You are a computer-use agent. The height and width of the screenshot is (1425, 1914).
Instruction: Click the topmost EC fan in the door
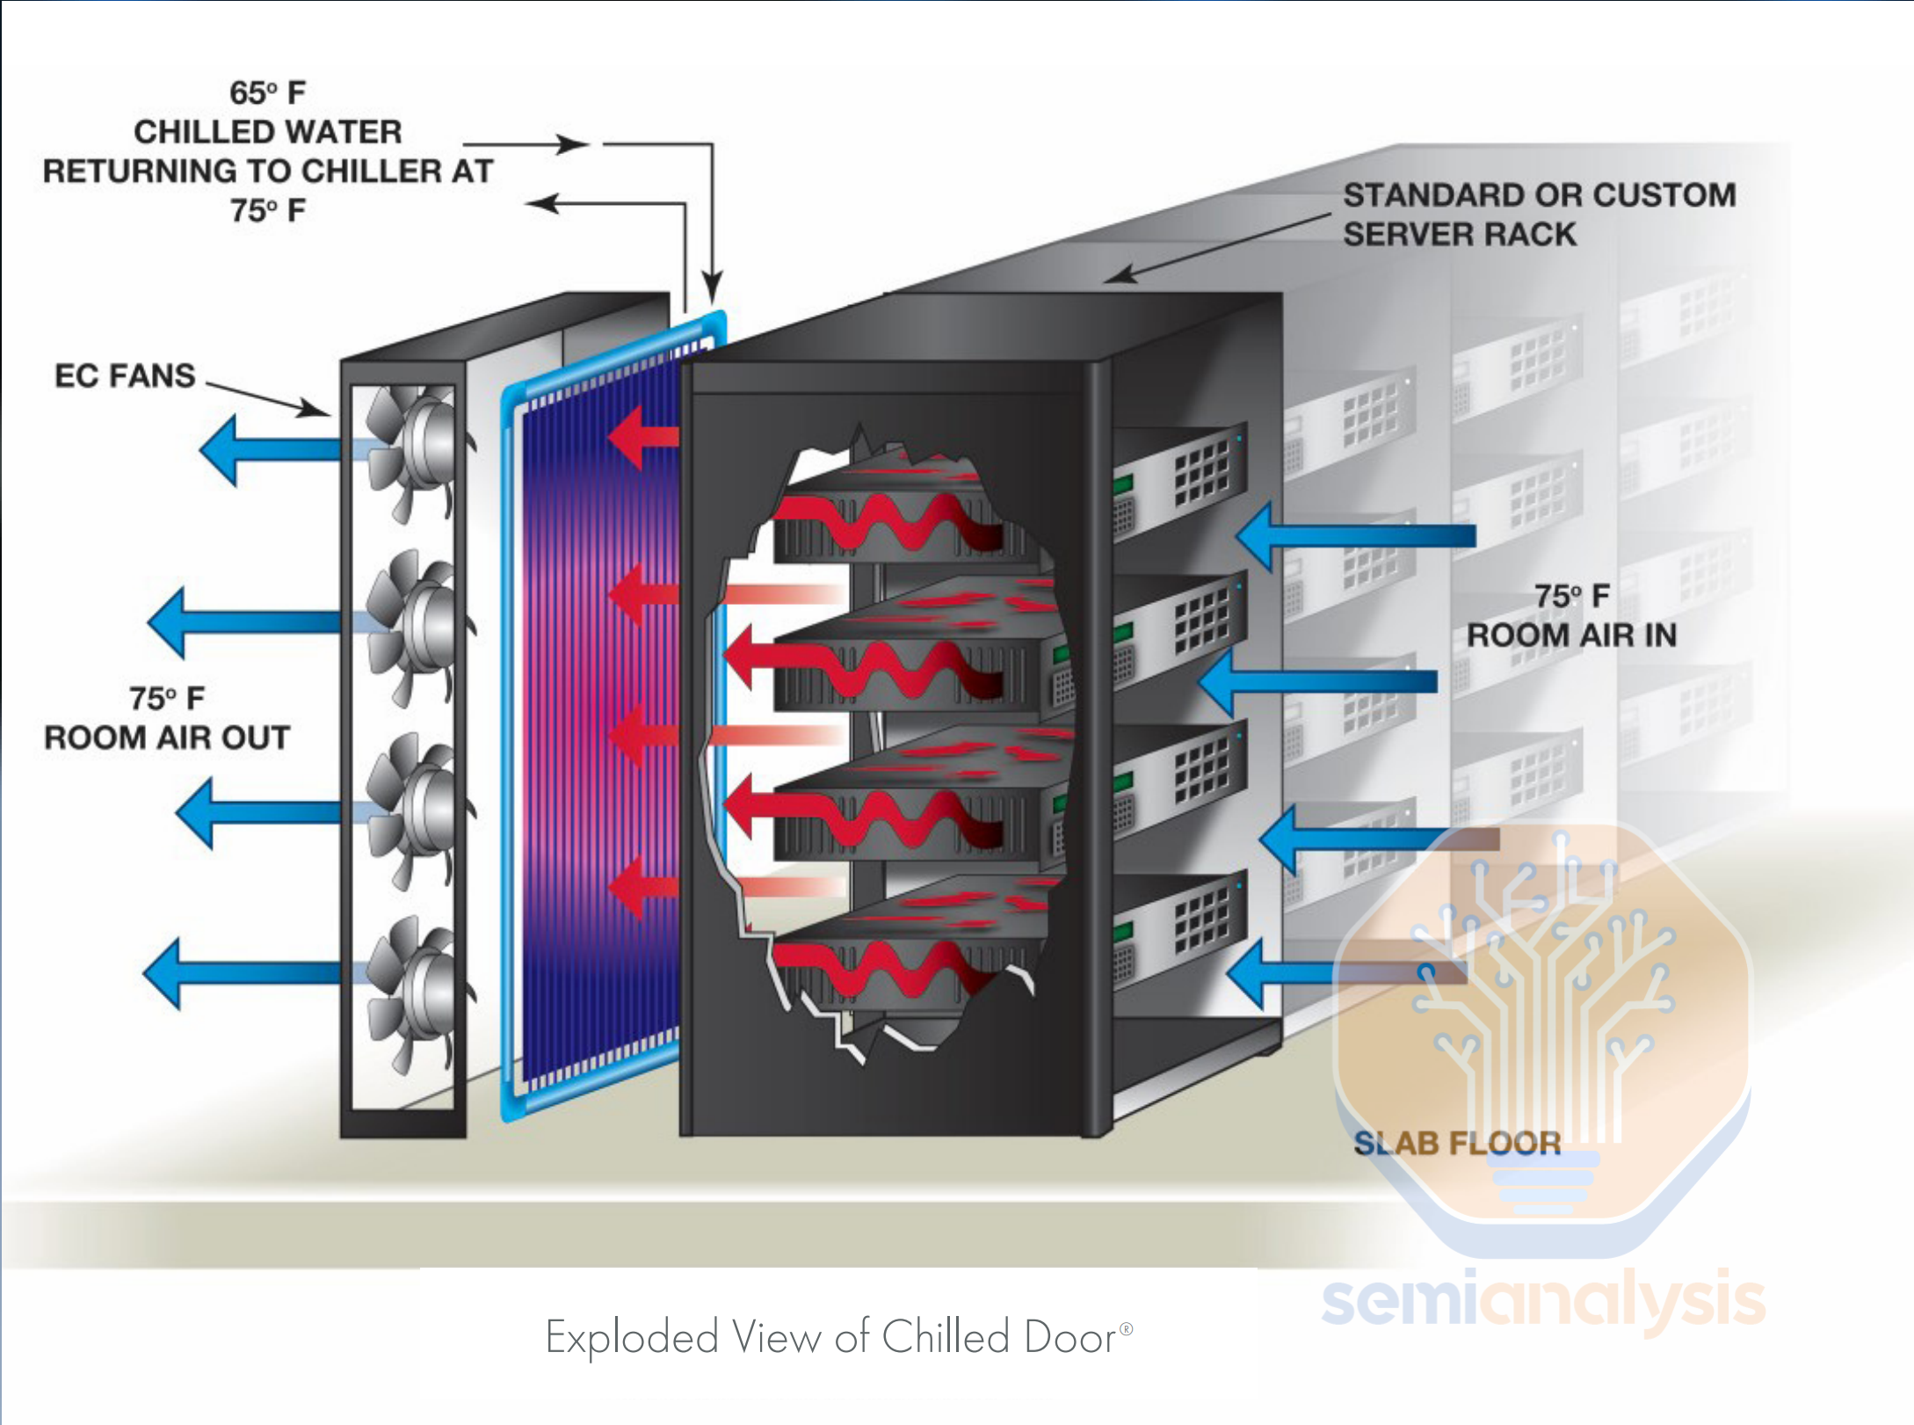pyautogui.click(x=413, y=448)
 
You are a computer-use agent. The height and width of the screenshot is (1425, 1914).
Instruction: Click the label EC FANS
pyautogui.click(x=125, y=375)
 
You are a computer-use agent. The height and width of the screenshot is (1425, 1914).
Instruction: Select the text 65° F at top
pyautogui.click(x=267, y=92)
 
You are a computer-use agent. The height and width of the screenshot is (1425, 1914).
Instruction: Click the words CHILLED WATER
pyautogui.click(x=267, y=132)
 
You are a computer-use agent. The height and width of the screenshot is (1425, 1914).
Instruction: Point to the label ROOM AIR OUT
pyautogui.click(x=167, y=738)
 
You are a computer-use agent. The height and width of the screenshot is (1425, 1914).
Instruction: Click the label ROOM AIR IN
pyautogui.click(x=1571, y=635)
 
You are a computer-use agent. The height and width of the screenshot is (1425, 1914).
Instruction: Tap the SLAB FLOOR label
pyautogui.click(x=1457, y=1143)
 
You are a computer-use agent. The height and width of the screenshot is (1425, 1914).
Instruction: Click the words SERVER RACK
pyautogui.click(x=1460, y=235)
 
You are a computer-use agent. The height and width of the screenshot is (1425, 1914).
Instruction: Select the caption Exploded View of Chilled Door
pyautogui.click(x=830, y=1337)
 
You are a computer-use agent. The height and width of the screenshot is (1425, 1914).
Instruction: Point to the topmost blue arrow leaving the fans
pyautogui.click(x=264, y=450)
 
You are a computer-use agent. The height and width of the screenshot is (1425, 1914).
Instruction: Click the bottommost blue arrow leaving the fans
pyautogui.click(x=237, y=973)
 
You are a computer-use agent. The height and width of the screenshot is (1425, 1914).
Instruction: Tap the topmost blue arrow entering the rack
pyautogui.click(x=1353, y=535)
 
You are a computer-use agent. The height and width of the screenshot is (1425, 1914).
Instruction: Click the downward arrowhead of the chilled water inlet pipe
pyautogui.click(x=713, y=286)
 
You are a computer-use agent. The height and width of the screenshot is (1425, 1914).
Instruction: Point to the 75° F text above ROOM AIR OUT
pyautogui.click(x=167, y=698)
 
